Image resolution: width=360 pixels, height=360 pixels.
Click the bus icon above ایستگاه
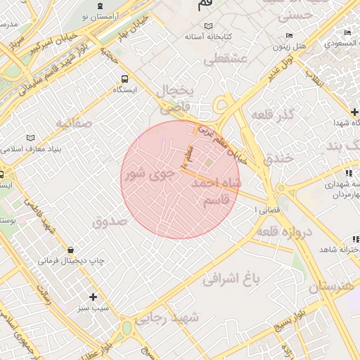(x=124, y=79)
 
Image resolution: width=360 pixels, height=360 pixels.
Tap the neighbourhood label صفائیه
(x=75, y=124)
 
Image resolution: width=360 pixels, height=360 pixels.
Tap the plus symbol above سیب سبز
(x=93, y=297)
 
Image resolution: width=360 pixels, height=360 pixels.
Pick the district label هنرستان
(x=329, y=287)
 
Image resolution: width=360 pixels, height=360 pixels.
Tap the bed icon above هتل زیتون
(x=289, y=36)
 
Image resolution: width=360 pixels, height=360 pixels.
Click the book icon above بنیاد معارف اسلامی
(x=29, y=138)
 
